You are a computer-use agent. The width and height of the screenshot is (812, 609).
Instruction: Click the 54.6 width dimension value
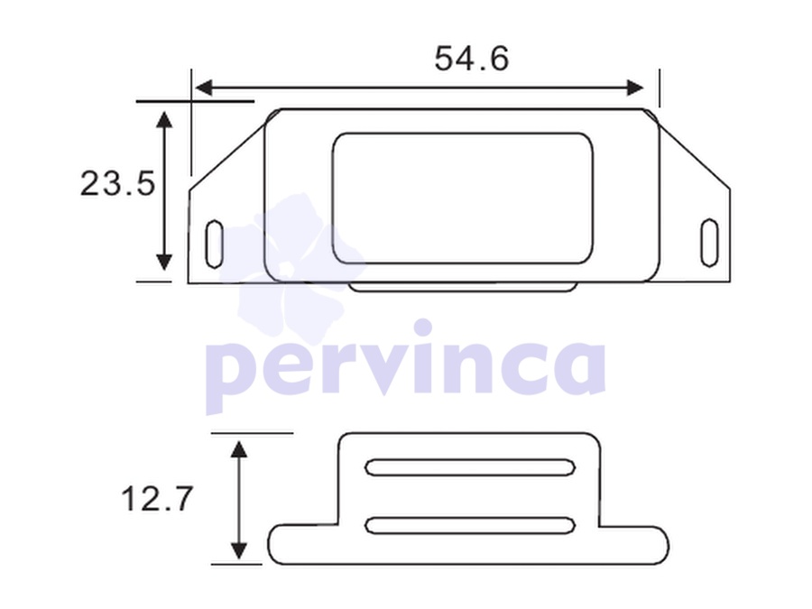pos(471,59)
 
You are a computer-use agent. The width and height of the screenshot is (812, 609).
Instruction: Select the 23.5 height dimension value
pos(117,183)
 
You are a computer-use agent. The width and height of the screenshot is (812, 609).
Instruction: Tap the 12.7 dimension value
pos(157,499)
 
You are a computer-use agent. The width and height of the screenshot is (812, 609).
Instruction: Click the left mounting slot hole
pos(214,245)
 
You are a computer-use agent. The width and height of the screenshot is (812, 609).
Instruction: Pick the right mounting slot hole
pos(709,243)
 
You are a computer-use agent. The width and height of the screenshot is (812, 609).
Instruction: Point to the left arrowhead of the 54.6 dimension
pos(204,88)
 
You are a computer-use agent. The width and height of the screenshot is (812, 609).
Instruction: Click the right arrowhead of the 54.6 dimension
pos(635,88)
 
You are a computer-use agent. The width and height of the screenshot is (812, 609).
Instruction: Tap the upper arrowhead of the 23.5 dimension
pos(164,120)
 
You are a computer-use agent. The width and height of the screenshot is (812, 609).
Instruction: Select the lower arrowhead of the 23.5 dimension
pos(164,262)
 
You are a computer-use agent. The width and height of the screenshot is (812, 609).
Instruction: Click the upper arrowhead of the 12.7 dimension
pos(238,449)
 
